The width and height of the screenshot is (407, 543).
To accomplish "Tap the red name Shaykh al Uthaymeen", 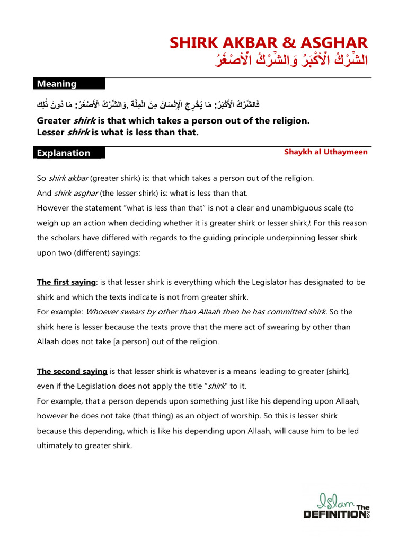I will (326, 152).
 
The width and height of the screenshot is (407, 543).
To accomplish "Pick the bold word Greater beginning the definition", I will (54, 121).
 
